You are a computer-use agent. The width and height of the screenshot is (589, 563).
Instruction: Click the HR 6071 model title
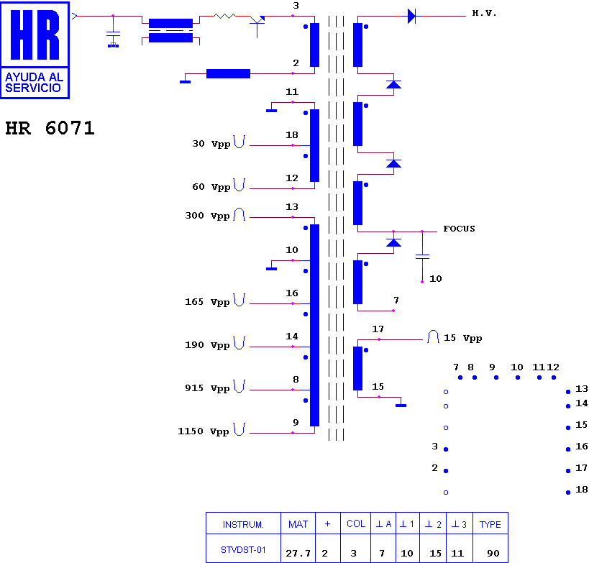click(50, 128)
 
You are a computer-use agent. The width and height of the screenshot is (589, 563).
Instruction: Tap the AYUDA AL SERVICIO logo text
click(34, 82)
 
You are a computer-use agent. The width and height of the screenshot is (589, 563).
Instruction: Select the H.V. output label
click(484, 13)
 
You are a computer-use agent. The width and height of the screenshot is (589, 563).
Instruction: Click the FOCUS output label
click(459, 229)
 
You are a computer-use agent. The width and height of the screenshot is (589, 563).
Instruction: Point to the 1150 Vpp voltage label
click(204, 431)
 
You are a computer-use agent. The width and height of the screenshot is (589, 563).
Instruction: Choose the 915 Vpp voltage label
click(207, 388)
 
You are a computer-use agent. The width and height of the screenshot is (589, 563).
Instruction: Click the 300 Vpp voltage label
click(207, 216)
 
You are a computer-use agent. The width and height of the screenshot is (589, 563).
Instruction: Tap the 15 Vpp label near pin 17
click(463, 338)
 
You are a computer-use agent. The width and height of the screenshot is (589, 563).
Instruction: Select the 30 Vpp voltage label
click(211, 144)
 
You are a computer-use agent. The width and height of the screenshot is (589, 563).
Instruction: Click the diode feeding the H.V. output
click(412, 16)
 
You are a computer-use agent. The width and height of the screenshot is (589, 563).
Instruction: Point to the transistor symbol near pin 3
click(257, 23)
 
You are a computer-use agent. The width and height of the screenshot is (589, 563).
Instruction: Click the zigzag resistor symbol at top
click(224, 16)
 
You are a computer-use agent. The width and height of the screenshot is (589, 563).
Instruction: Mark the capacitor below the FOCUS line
click(422, 257)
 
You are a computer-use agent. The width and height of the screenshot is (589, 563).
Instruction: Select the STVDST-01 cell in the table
click(243, 550)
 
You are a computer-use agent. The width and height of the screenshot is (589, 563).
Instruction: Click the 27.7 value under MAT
click(298, 553)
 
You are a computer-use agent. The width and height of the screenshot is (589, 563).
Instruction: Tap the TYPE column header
click(490, 524)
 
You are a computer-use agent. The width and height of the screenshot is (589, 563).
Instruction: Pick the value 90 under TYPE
click(493, 553)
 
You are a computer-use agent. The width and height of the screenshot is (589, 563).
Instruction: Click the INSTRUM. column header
click(243, 524)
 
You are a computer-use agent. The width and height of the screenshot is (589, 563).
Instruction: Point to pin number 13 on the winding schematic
click(292, 206)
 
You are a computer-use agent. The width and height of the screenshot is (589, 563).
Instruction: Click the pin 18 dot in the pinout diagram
click(568, 493)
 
